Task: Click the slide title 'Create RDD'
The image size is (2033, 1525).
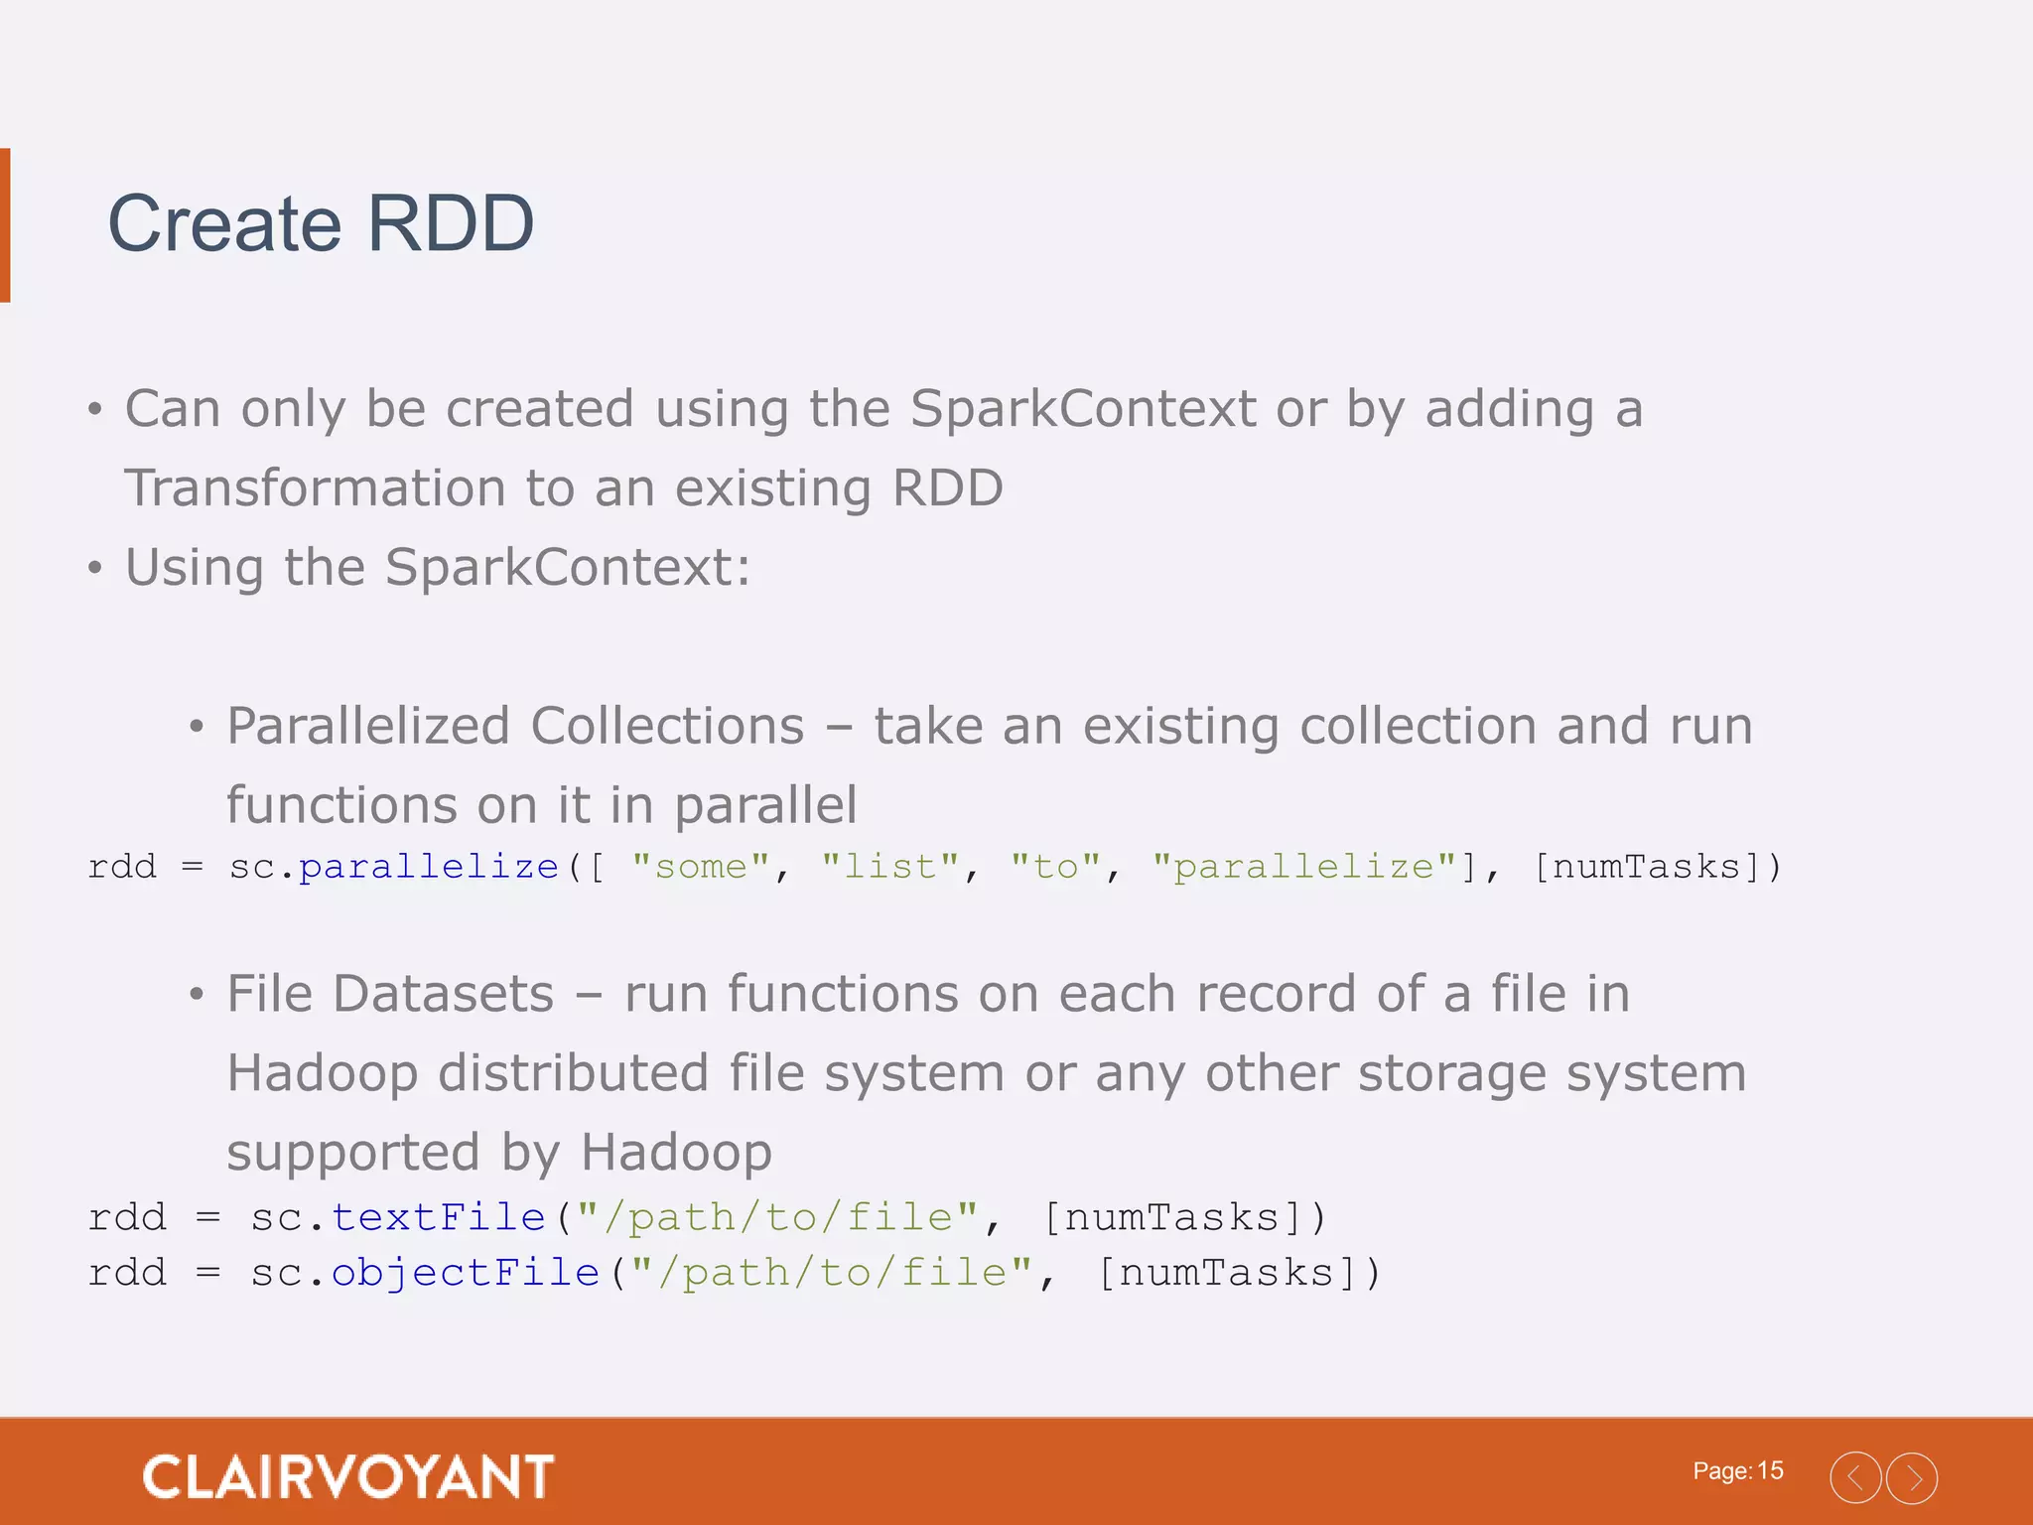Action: click(321, 224)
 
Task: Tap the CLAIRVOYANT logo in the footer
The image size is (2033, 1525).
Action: click(348, 1476)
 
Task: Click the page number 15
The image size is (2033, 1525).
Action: click(1770, 1470)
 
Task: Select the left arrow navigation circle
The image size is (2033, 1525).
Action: click(1854, 1478)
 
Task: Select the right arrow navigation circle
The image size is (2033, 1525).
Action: click(1911, 1478)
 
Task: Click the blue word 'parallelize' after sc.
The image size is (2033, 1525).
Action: click(429, 867)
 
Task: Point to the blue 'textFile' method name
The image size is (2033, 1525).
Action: click(438, 1217)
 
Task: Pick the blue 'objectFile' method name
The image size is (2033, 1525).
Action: click(465, 1273)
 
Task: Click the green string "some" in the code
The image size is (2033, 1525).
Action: click(700, 867)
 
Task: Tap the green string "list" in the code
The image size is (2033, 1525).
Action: click(889, 867)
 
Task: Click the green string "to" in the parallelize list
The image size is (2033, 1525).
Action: click(1055, 867)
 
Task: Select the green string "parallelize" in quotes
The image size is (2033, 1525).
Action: click(1303, 867)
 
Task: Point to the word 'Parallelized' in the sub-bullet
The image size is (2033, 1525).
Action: click(366, 726)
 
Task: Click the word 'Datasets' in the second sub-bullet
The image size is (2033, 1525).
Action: click(443, 994)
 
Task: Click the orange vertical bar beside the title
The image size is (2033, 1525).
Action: click(5, 224)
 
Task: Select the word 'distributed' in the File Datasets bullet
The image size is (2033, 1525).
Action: click(573, 1073)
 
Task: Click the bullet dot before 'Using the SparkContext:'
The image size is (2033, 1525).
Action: click(95, 569)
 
